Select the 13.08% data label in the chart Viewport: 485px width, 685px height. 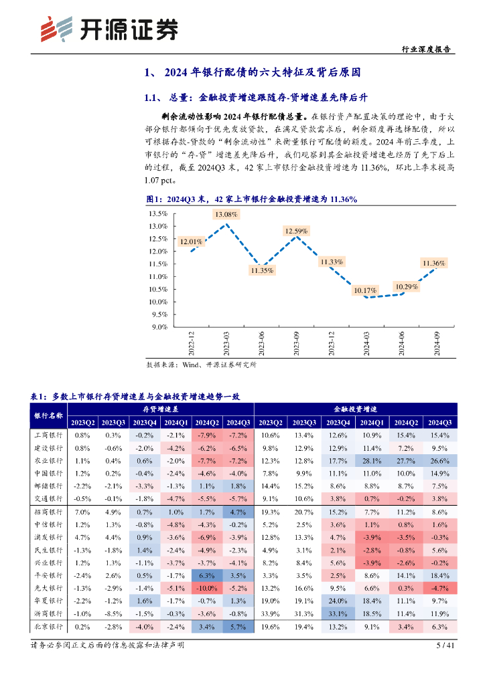click(226, 214)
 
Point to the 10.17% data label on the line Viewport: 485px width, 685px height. click(365, 290)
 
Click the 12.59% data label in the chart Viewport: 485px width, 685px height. click(296, 231)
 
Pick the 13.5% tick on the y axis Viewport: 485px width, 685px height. click(157, 214)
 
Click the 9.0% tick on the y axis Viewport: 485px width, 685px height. click(159, 327)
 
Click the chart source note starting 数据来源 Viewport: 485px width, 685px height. click(201, 365)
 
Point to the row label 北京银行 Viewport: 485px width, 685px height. click(48, 627)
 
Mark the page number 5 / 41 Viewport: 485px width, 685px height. click(445, 646)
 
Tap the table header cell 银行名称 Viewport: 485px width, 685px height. click(48, 415)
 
